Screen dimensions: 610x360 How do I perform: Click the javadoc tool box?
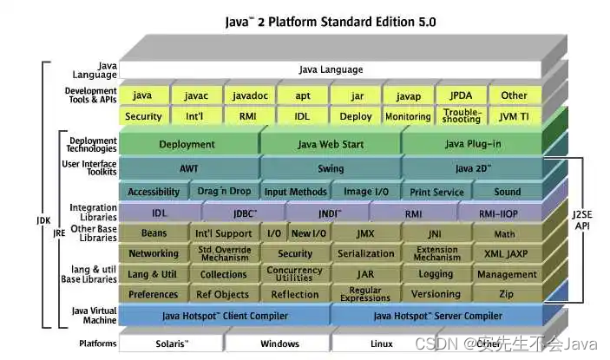pos(248,95)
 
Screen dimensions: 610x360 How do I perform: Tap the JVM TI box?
pos(514,116)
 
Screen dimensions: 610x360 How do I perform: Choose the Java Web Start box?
pos(330,145)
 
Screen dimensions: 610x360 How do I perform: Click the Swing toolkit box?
pos(330,168)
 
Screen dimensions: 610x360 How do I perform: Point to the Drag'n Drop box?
pos(224,192)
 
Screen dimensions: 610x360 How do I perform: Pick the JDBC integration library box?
pos(244,213)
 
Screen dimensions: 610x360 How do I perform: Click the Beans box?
pos(153,233)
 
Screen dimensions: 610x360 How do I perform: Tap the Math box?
pos(505,233)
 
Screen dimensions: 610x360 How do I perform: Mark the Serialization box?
pos(365,253)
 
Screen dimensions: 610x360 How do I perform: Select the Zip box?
pos(507,294)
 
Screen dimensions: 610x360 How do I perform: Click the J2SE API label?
pos(580,219)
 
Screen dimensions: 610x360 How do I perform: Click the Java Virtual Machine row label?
pos(94,316)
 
